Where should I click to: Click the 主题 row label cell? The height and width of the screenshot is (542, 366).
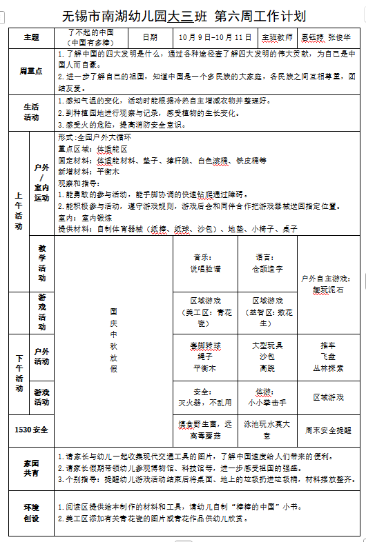31,37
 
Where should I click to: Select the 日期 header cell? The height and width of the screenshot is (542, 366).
149,37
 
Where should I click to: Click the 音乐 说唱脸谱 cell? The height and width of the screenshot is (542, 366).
206,263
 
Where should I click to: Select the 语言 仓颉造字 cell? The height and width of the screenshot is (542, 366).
267,263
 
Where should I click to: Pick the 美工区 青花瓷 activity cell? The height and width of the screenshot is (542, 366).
206,312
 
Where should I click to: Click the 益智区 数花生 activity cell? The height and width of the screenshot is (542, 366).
267,312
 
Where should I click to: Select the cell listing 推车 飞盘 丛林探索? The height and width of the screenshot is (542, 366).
327,357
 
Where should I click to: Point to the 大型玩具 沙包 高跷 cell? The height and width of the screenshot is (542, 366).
267,357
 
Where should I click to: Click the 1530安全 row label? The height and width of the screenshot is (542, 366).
31,430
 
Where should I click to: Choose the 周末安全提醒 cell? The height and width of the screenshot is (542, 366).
327,430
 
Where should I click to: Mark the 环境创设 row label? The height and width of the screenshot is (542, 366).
31,514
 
